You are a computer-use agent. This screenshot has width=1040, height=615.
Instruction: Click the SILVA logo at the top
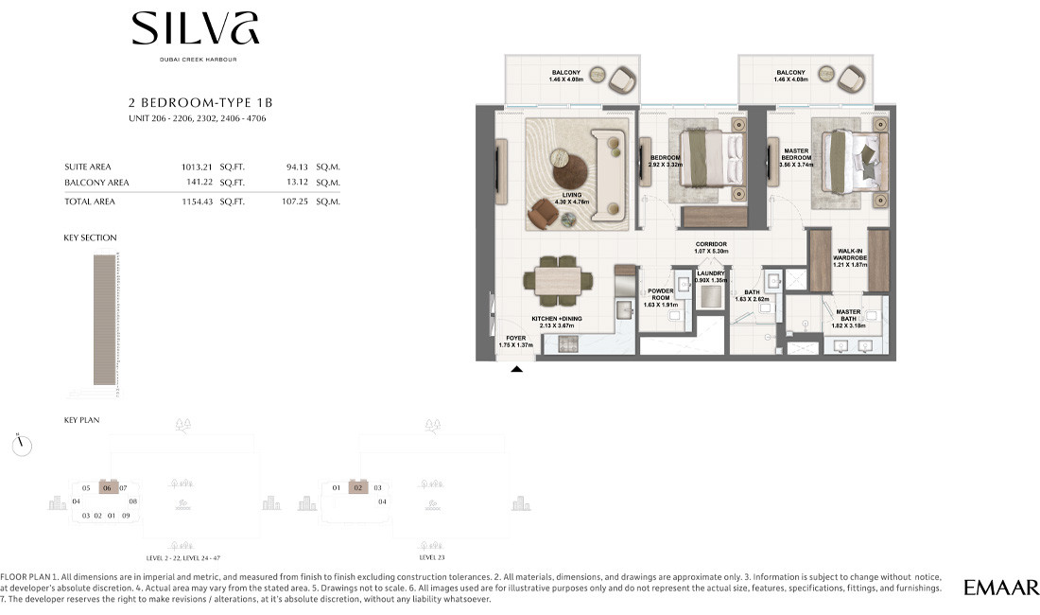pyautogui.click(x=195, y=29)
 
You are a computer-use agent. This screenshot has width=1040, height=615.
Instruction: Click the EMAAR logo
pyautogui.click(x=1001, y=588)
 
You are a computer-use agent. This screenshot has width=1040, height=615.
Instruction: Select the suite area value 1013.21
pyautogui.click(x=199, y=166)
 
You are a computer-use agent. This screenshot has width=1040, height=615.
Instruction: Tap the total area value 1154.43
pyautogui.click(x=199, y=202)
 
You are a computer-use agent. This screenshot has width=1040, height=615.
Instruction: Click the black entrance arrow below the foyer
pyautogui.click(x=516, y=370)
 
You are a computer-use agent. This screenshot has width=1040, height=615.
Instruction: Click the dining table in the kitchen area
pyautogui.click(x=559, y=281)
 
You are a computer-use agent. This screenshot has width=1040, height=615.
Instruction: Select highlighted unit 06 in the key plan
pyautogui.click(x=108, y=488)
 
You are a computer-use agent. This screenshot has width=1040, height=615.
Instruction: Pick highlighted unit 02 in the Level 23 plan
pyautogui.click(x=357, y=488)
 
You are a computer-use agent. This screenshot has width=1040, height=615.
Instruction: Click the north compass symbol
pyautogui.click(x=24, y=444)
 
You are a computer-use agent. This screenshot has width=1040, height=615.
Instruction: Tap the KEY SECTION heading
pyautogui.click(x=91, y=237)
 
